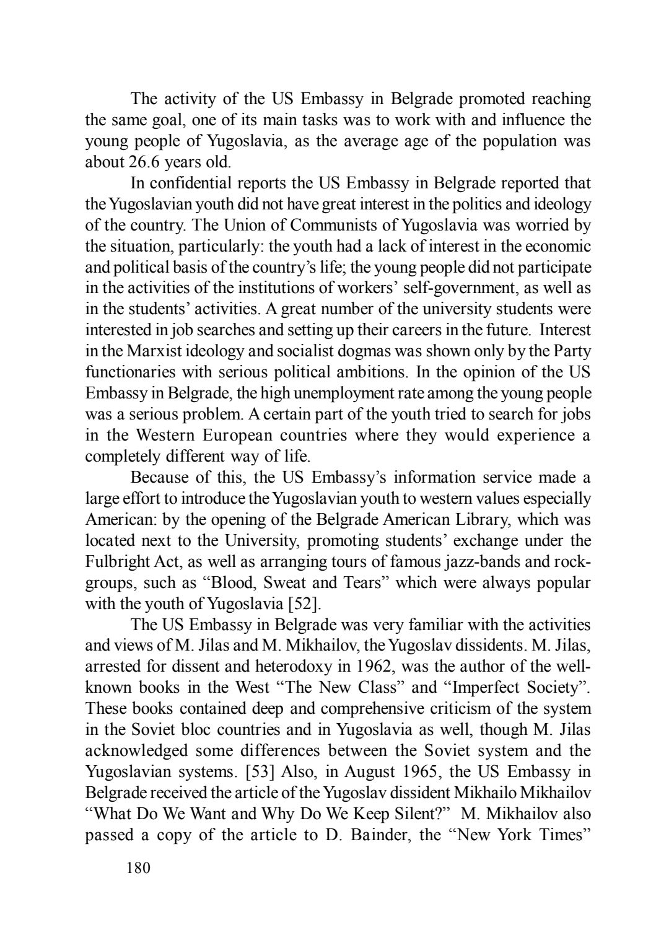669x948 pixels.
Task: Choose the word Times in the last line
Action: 559,835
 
